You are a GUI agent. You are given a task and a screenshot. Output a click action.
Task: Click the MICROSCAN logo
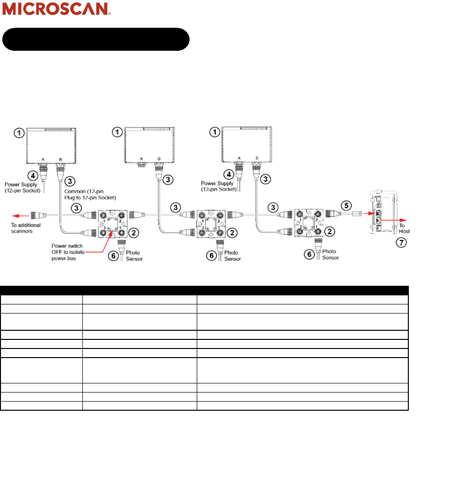(x=57, y=9)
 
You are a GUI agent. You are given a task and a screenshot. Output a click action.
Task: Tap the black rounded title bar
(x=96, y=39)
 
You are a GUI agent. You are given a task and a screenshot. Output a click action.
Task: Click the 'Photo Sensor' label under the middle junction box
(x=232, y=256)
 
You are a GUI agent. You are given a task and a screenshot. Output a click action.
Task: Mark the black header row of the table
(x=204, y=289)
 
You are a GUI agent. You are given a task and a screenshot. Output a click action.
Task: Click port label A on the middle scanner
(x=142, y=158)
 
